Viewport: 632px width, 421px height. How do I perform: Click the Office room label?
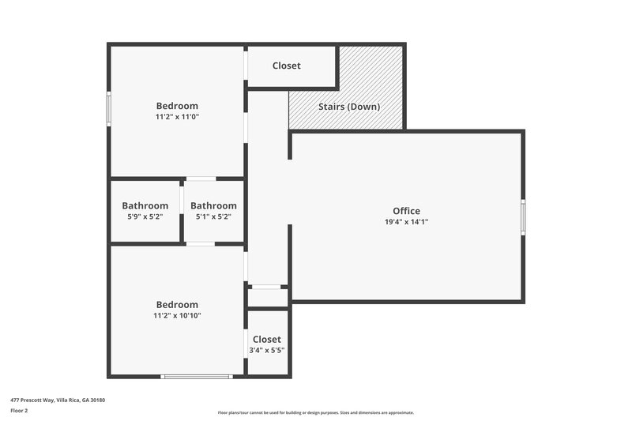[406, 211]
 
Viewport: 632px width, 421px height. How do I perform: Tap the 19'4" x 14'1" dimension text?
[406, 222]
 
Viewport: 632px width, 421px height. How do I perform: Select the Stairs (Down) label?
[349, 107]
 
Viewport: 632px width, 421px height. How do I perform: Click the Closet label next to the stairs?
[286, 66]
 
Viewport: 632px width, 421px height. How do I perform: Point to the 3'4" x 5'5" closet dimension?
[267, 350]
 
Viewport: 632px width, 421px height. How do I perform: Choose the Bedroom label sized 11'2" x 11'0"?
[177, 106]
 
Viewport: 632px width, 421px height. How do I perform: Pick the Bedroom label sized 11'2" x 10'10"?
[177, 305]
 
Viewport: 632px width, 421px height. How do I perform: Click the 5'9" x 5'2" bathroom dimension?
[145, 216]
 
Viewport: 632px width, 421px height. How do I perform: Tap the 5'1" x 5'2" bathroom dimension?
[213, 216]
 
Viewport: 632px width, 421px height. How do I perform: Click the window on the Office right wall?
[522, 217]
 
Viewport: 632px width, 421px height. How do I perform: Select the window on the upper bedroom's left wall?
[109, 108]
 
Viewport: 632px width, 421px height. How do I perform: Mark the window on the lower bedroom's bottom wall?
[196, 376]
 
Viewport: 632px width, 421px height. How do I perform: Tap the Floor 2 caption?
[20, 411]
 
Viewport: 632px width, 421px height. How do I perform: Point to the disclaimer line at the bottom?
[315, 412]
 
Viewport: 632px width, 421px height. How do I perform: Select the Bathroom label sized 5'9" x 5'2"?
[145, 206]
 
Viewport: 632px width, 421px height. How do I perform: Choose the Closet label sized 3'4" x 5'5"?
[267, 340]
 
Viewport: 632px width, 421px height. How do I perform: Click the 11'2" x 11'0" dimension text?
[177, 117]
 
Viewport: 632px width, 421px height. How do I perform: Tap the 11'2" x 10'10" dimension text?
[177, 316]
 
